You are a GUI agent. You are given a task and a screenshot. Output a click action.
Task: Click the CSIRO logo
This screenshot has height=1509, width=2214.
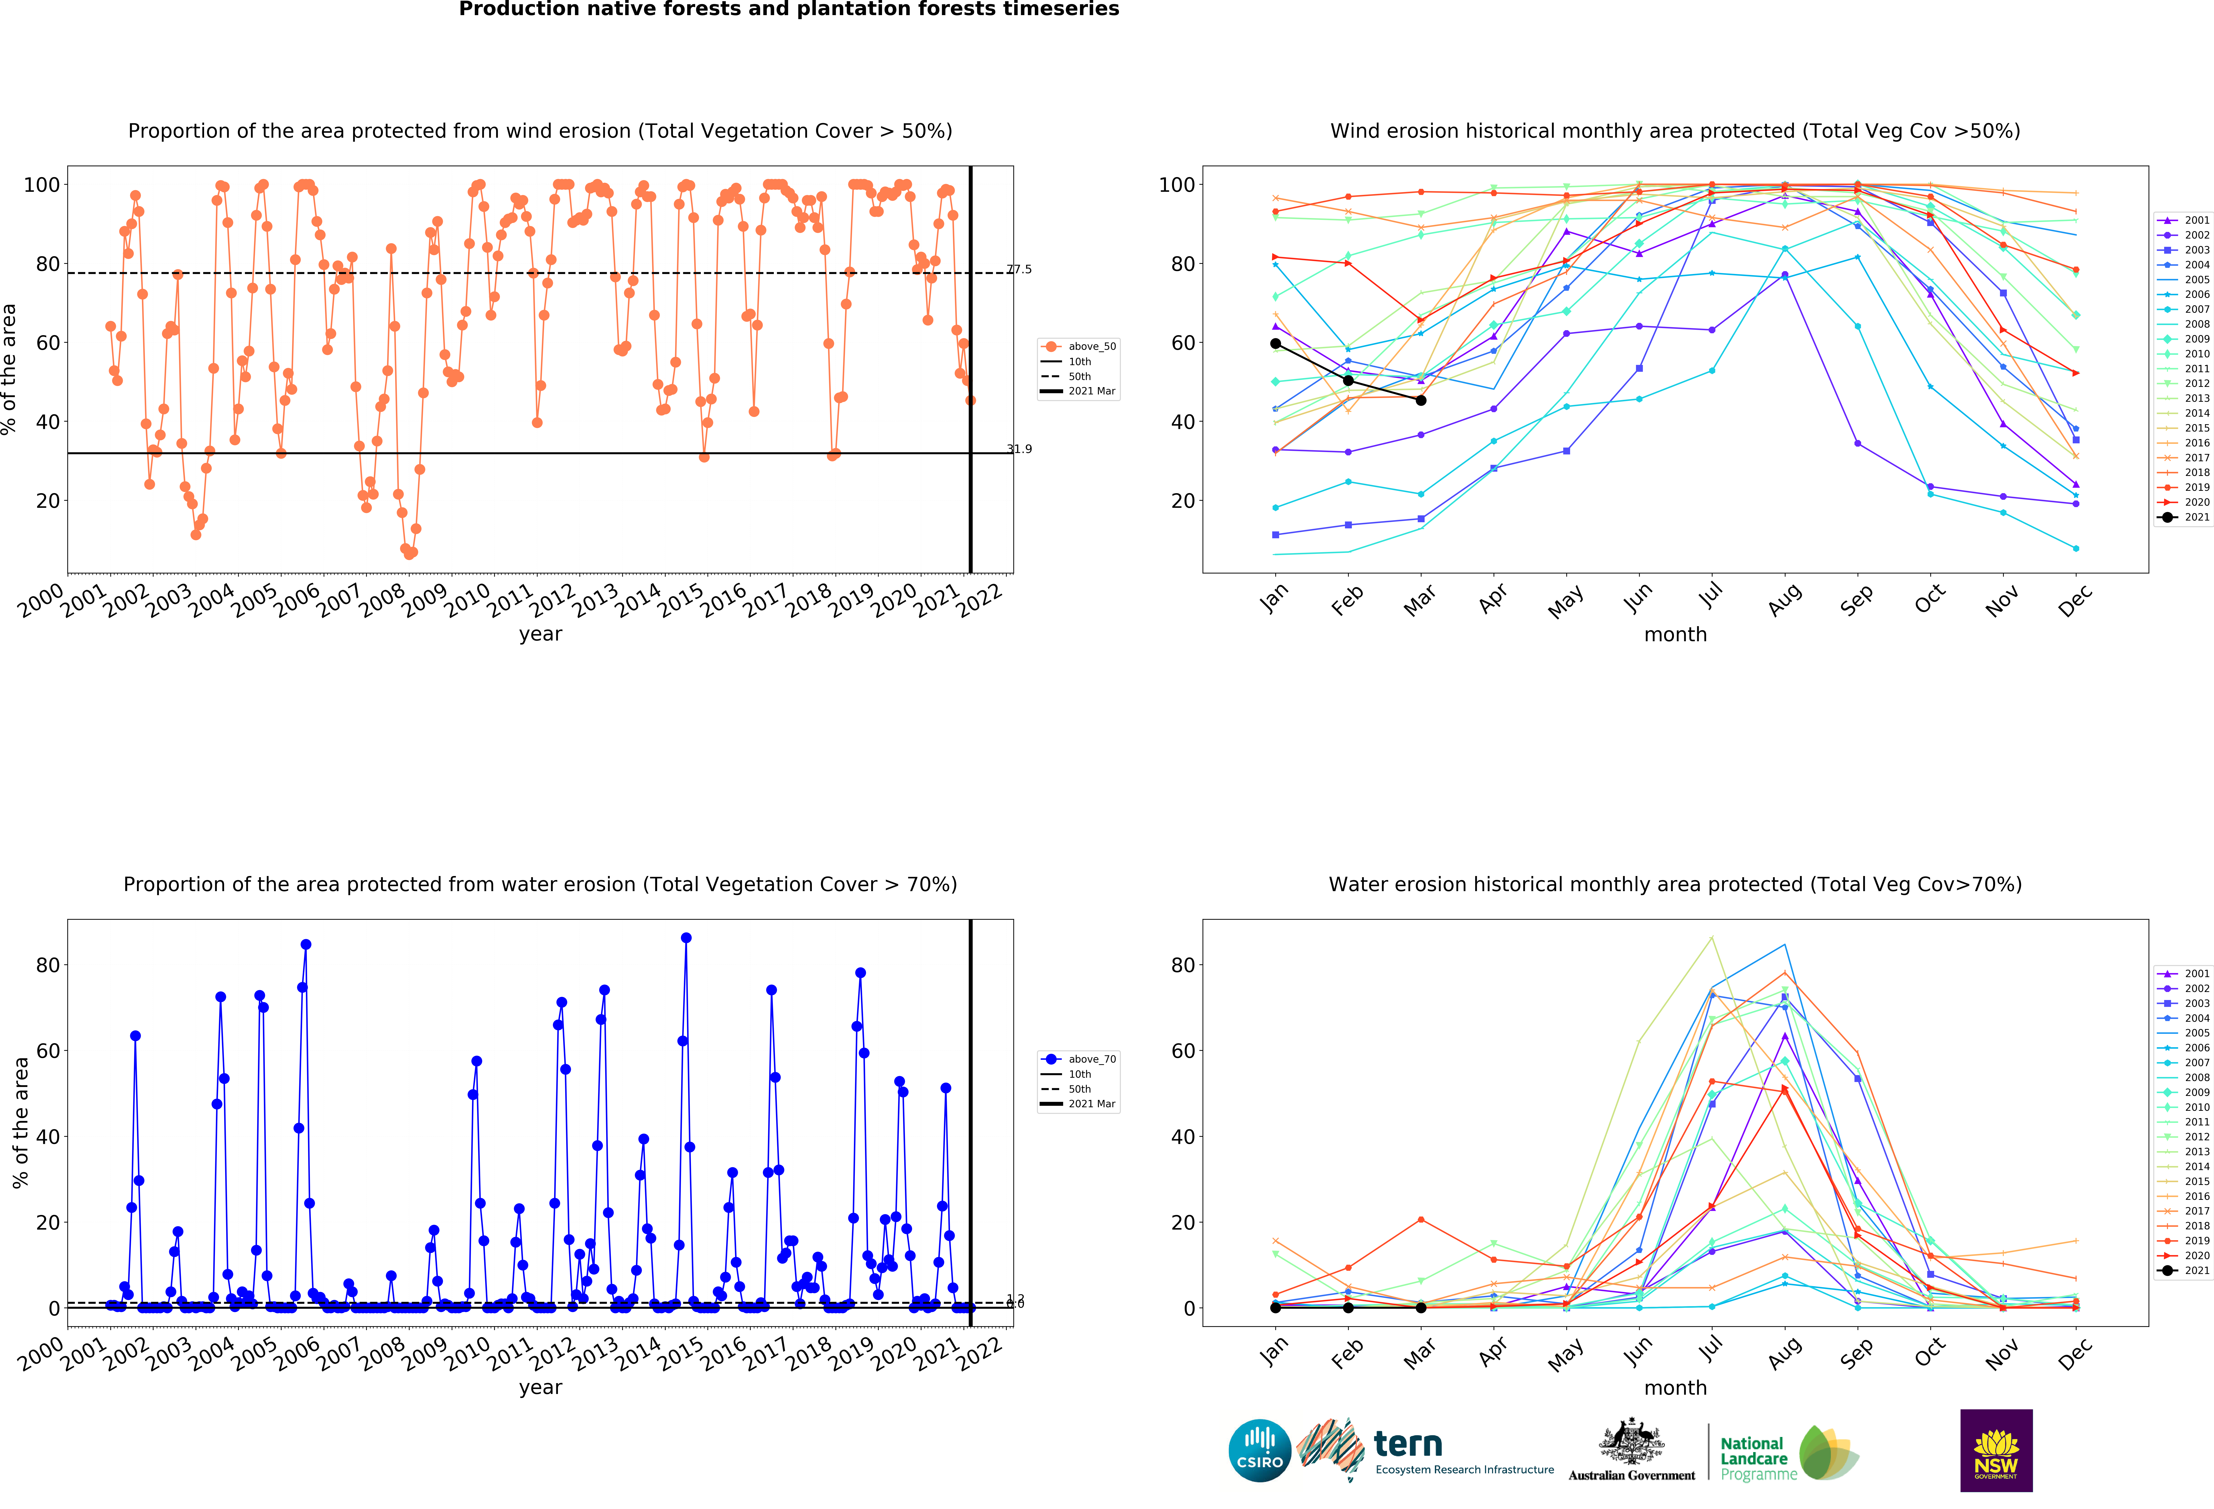[1259, 1451]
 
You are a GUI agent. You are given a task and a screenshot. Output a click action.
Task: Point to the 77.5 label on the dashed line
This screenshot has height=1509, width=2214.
[1019, 269]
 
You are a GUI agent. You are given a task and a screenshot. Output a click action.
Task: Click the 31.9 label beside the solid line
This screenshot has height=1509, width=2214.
[1019, 450]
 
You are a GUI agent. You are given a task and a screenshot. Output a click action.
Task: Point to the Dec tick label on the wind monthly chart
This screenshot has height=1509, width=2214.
[2075, 600]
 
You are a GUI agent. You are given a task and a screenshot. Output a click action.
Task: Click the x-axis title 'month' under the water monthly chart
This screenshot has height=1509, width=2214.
[1675, 1388]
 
